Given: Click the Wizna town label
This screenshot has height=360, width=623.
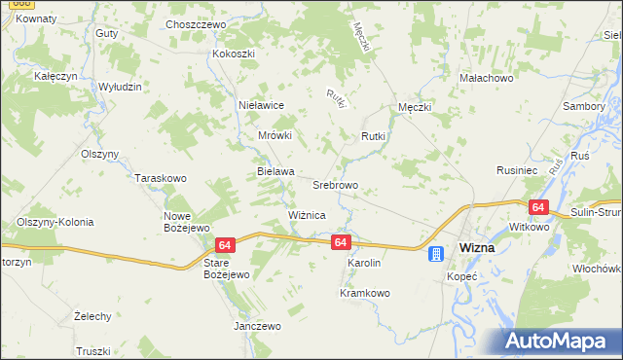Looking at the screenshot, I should coord(477,247).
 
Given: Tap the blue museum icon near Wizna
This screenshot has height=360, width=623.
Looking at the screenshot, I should coord(436,254).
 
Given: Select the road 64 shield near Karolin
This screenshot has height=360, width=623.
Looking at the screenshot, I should coord(340,241).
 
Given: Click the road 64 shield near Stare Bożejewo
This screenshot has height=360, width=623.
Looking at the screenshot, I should coord(225,247).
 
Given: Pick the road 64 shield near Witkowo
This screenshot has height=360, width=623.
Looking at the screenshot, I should coord(538,207).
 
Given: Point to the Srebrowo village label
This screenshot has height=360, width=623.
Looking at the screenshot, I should coord(336,185).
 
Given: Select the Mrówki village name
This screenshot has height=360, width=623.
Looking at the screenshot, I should coord(275,136).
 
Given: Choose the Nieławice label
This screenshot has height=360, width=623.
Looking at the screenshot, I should coord(261,104).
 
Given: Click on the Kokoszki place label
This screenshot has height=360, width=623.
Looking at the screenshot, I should coord(234,54).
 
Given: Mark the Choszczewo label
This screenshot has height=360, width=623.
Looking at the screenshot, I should coord(196,24).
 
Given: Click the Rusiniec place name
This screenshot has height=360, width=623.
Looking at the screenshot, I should coord(518,169).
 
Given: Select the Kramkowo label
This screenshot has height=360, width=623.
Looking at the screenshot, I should coord(364,292).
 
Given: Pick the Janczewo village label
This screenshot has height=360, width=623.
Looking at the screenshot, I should coord(257,326).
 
